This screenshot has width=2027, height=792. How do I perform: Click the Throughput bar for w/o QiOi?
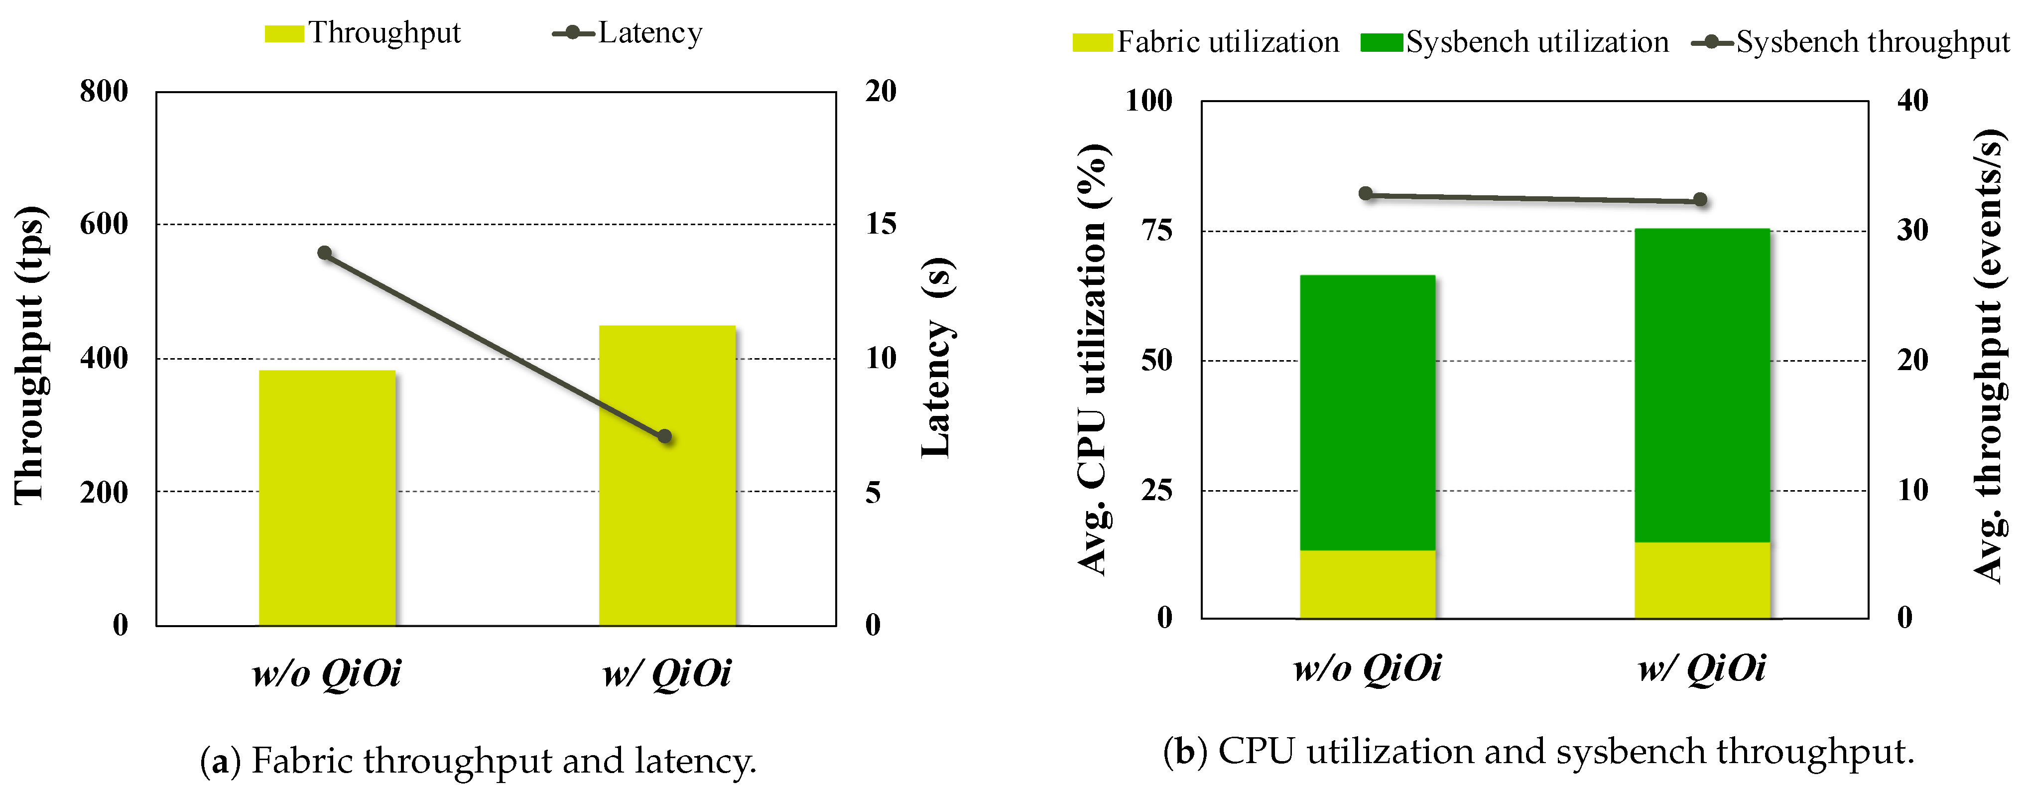327,498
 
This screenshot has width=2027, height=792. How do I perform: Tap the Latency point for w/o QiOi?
324,253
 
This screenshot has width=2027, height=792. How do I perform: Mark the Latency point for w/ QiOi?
665,436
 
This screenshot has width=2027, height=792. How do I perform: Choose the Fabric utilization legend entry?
1206,42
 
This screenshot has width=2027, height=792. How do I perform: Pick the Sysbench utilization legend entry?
1515,42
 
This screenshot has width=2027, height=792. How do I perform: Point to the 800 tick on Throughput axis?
104,91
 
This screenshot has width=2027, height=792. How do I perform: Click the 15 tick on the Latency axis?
881,224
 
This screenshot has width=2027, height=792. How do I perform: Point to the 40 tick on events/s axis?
1912,100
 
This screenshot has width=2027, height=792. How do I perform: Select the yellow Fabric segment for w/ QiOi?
1702,580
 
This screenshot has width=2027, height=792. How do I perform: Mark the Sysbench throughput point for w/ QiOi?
1700,200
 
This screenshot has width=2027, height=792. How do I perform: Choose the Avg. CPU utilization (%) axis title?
1092,360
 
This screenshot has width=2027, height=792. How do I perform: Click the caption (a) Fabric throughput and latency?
479,761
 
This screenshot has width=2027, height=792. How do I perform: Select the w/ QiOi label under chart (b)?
1701,669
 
